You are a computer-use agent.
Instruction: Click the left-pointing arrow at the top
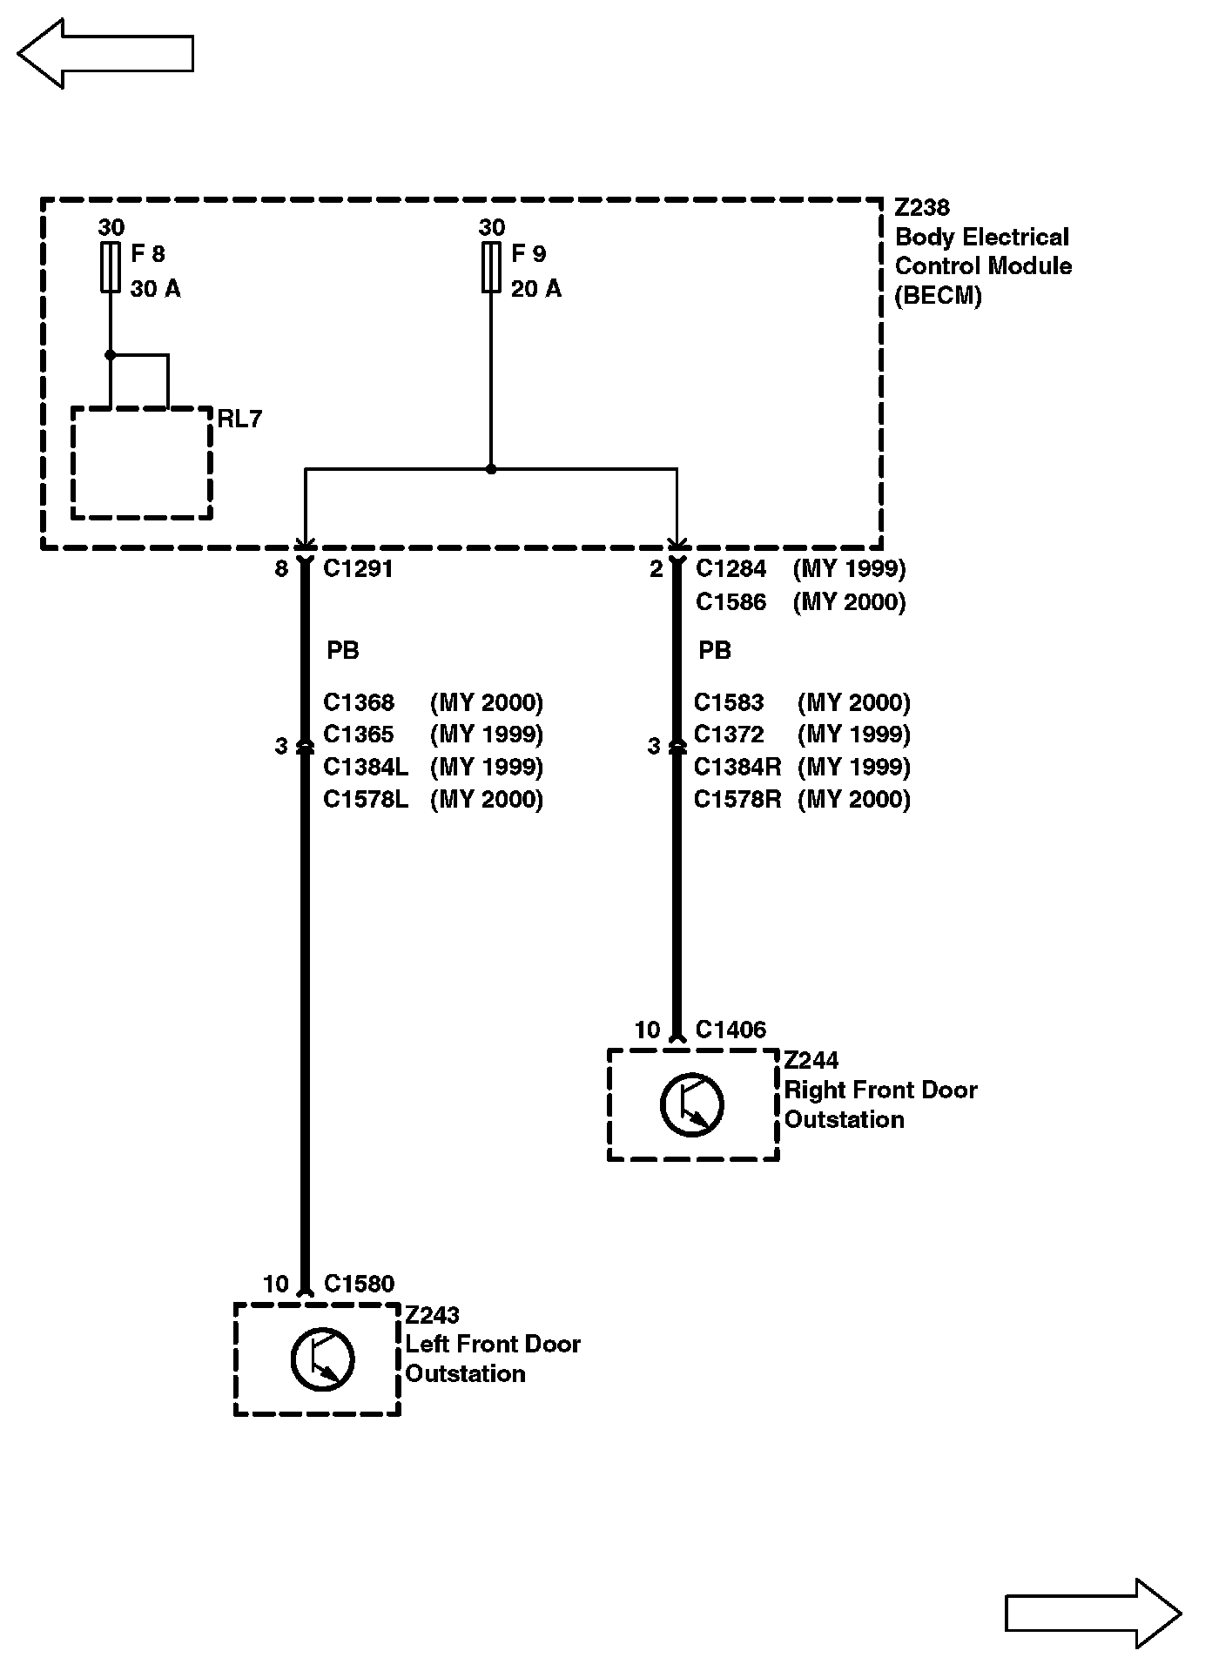click(104, 54)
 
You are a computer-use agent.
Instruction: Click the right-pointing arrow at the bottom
click(1093, 1614)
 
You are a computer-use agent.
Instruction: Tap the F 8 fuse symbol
click(111, 267)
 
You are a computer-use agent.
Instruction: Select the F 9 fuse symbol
click(491, 267)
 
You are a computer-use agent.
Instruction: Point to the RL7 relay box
click(142, 463)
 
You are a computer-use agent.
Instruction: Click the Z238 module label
click(922, 208)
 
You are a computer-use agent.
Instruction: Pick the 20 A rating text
click(536, 289)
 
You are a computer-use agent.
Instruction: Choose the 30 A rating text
click(156, 289)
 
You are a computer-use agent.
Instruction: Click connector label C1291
click(358, 569)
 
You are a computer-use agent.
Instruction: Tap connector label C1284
click(731, 569)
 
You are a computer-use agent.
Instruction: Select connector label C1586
click(731, 602)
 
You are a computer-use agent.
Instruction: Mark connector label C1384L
click(366, 767)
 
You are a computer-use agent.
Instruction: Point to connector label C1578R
click(737, 800)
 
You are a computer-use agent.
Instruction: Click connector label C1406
click(731, 1030)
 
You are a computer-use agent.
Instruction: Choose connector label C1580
click(359, 1285)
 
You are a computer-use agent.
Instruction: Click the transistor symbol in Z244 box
click(692, 1104)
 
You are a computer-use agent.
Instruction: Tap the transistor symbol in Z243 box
click(322, 1359)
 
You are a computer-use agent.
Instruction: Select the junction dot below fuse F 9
click(491, 469)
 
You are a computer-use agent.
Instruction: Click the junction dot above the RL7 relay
click(111, 355)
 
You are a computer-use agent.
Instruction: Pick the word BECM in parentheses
click(939, 296)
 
